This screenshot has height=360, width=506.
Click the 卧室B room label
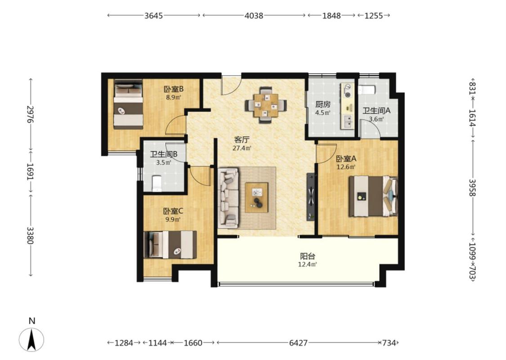(x=173, y=89)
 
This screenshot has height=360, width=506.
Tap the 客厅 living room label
(x=242, y=140)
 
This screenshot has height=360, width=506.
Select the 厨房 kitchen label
(x=322, y=104)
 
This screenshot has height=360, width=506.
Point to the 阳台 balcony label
(x=307, y=256)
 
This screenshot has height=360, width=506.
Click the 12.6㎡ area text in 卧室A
(x=346, y=167)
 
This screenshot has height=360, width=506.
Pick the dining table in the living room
(x=266, y=105)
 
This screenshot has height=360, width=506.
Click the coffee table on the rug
(x=256, y=198)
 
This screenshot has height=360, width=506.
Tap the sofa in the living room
(x=228, y=197)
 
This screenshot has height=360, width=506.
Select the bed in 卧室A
(x=373, y=196)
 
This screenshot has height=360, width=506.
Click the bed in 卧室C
(x=170, y=244)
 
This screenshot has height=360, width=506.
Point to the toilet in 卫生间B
(x=157, y=184)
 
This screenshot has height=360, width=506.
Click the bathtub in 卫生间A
(x=367, y=90)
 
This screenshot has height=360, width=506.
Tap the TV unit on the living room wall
(x=310, y=197)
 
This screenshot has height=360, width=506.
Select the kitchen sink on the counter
(x=348, y=122)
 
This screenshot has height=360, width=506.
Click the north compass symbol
(x=31, y=339)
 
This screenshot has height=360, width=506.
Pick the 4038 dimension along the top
(x=254, y=15)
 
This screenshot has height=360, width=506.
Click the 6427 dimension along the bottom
(x=298, y=343)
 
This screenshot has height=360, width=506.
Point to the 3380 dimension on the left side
(x=30, y=235)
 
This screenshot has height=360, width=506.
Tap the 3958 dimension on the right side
(x=472, y=187)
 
